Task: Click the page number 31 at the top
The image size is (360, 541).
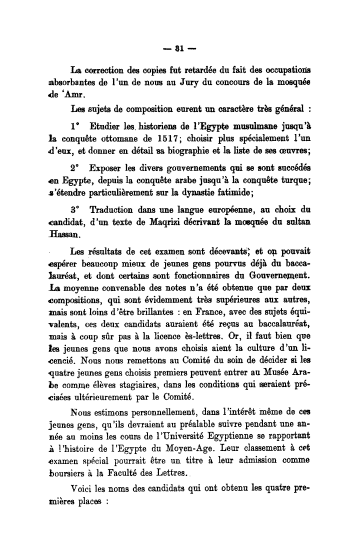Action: [180, 48]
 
